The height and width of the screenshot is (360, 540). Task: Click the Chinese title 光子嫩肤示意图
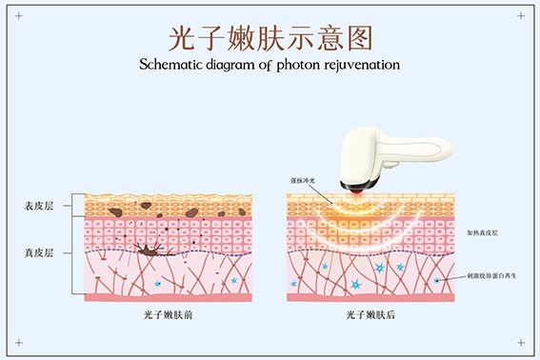(x=270, y=37)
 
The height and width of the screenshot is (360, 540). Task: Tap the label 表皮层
(x=39, y=206)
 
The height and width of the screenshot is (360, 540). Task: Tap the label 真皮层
(x=39, y=253)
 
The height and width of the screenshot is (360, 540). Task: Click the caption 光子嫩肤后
(x=370, y=313)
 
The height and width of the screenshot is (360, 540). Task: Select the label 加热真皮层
(x=482, y=232)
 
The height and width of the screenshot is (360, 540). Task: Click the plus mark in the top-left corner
(x=17, y=16)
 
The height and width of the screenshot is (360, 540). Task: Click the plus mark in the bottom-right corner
(x=521, y=343)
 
